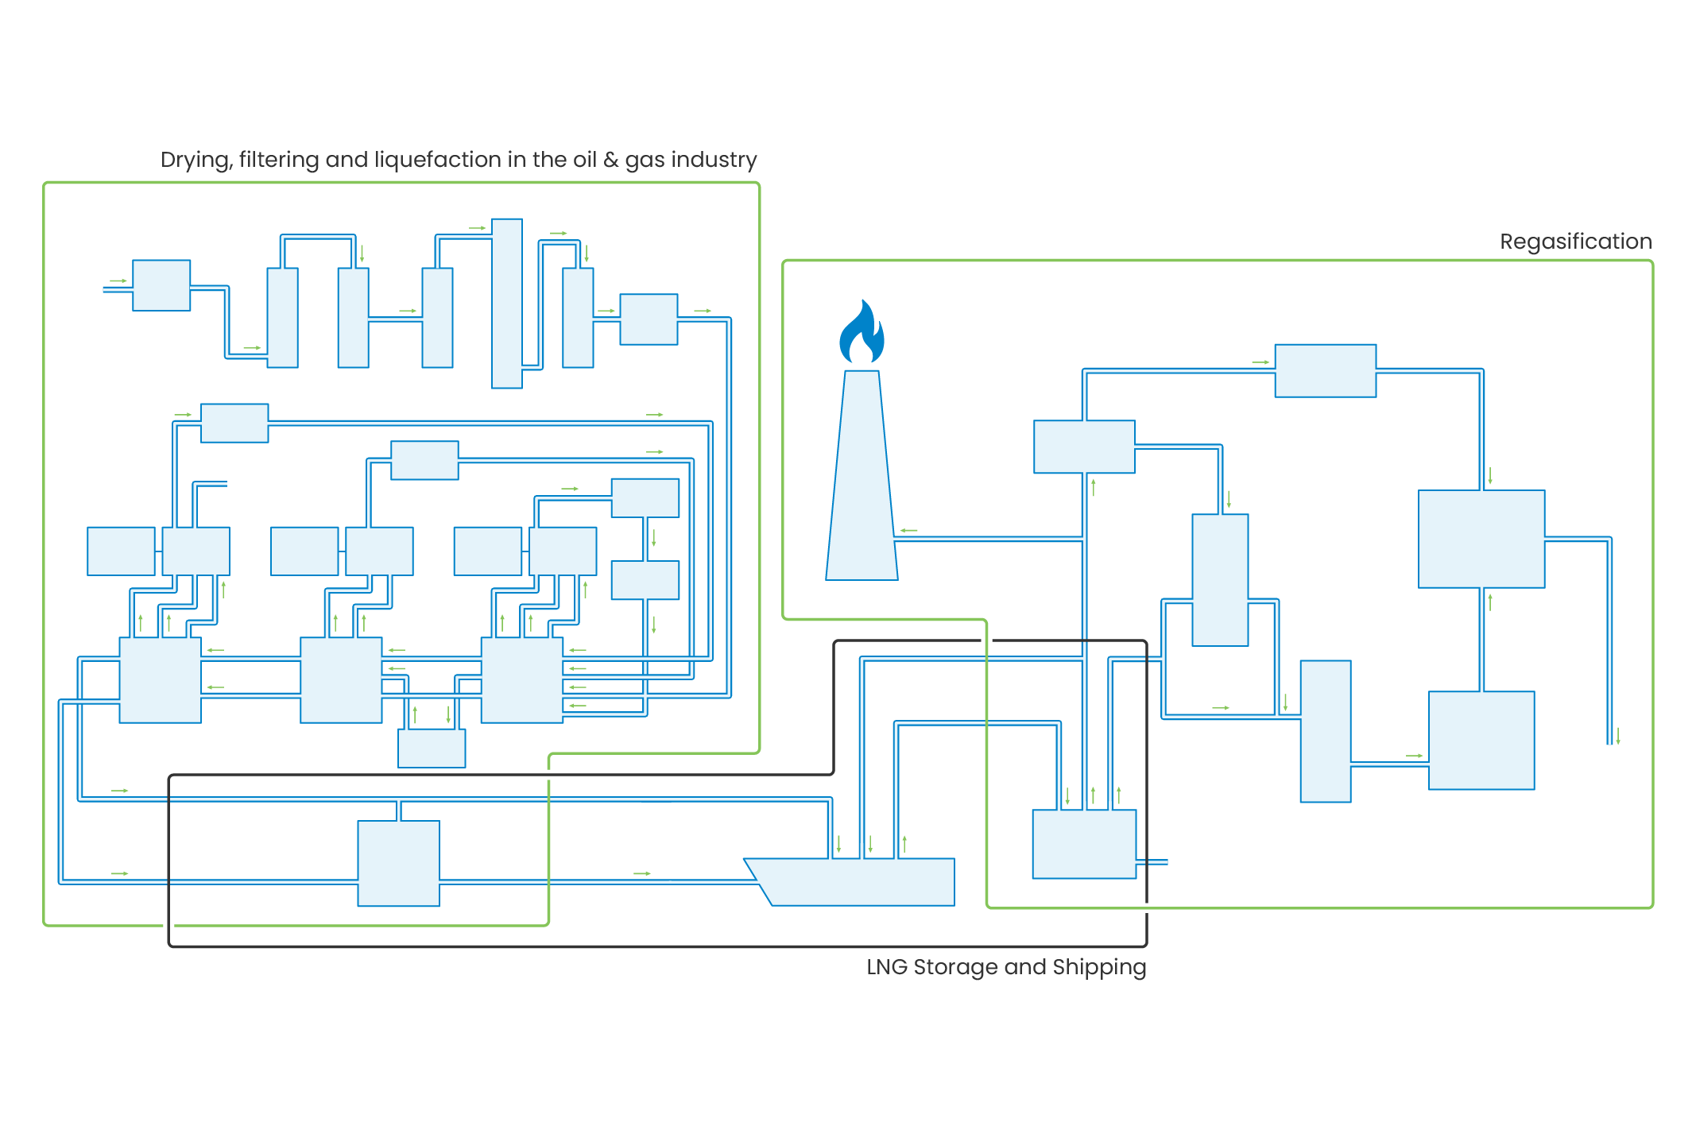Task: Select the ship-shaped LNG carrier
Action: click(854, 882)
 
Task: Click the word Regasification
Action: click(1575, 242)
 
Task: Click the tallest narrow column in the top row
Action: click(507, 304)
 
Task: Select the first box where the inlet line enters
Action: click(161, 285)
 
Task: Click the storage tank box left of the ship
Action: click(398, 864)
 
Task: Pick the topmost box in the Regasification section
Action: click(1325, 371)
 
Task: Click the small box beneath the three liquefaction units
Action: click(432, 748)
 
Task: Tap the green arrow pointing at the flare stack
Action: click(909, 530)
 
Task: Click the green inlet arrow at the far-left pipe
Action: click(118, 281)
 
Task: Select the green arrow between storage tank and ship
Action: click(642, 873)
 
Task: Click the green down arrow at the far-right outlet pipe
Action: click(1617, 736)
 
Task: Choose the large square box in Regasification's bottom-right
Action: click(1481, 741)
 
